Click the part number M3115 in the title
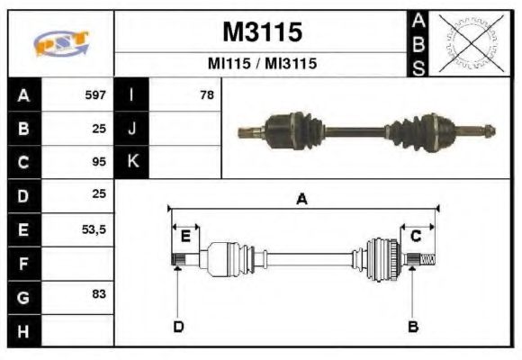point(262,32)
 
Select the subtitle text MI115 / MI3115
point(262,64)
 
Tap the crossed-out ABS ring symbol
point(467,43)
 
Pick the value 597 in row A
point(95,94)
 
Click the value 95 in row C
point(99,163)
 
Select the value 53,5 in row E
point(93,230)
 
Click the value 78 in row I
point(207,94)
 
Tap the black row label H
point(23,331)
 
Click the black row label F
point(23,265)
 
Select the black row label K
point(132,163)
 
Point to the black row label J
point(132,129)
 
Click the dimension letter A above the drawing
point(302,199)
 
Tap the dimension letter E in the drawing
point(185,236)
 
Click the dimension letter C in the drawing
point(416,236)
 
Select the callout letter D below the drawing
point(177,326)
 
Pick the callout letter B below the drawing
point(412,326)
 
